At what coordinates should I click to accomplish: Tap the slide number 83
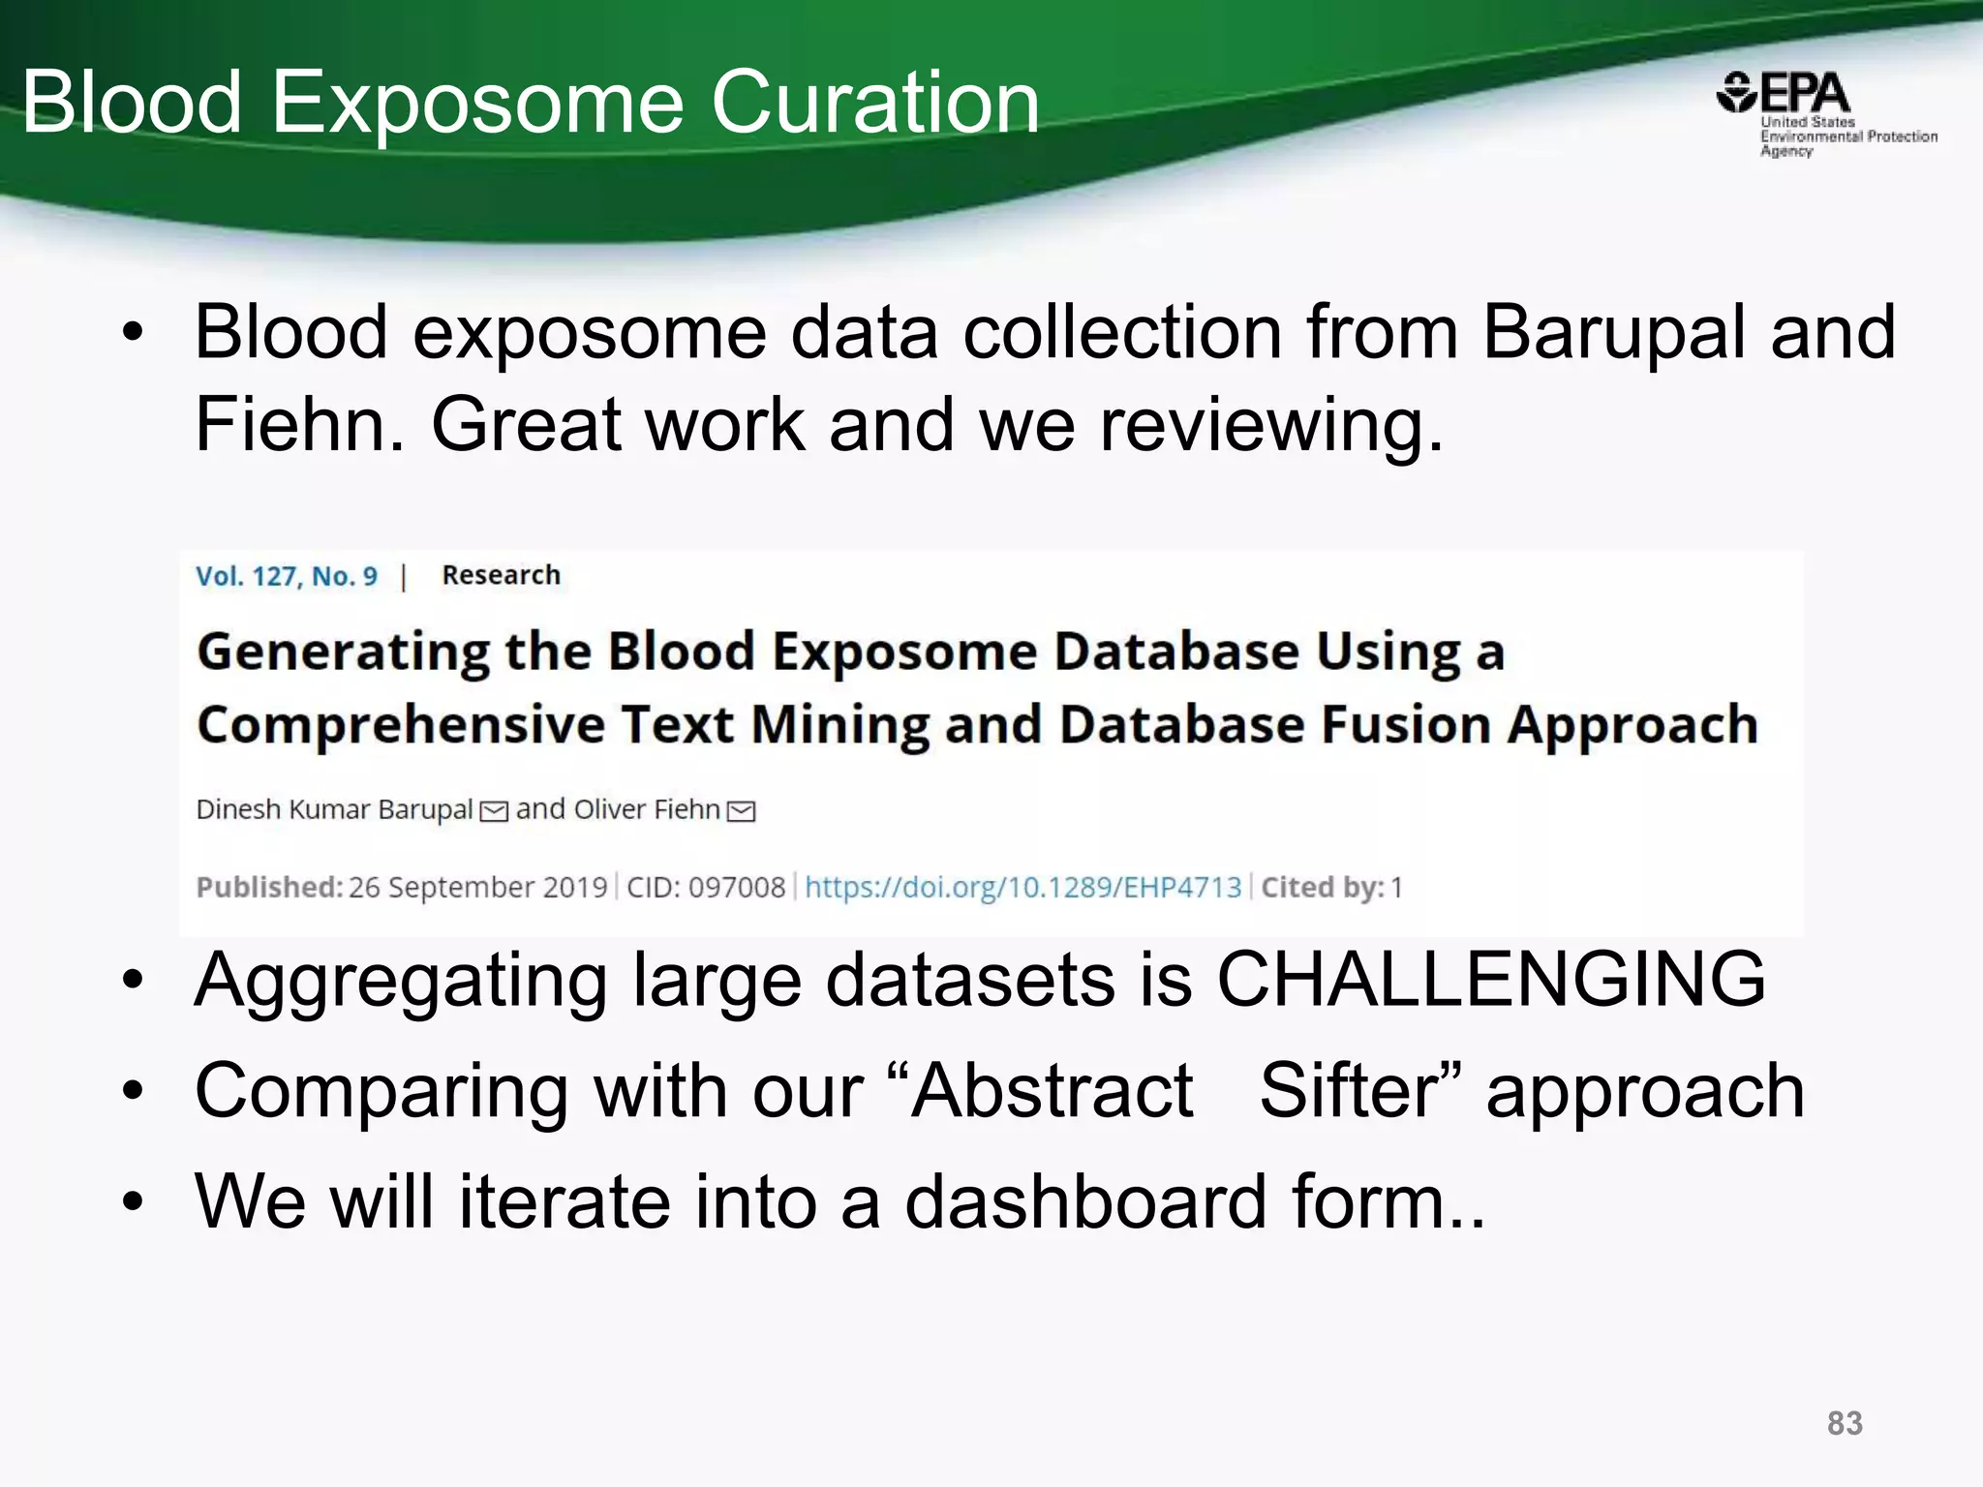point(1845,1423)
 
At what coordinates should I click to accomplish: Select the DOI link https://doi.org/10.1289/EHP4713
point(1022,887)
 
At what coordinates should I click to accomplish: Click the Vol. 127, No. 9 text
point(287,576)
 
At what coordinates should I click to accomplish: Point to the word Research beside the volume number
point(501,575)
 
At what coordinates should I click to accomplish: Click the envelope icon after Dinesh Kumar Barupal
point(494,811)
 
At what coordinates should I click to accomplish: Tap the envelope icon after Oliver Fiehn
point(741,811)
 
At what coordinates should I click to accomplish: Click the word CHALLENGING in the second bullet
point(1491,980)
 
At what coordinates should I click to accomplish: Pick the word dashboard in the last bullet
point(1085,1201)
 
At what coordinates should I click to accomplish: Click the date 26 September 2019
point(477,887)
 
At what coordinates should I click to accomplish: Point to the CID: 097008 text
point(706,887)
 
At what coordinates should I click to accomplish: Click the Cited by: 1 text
point(1331,887)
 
